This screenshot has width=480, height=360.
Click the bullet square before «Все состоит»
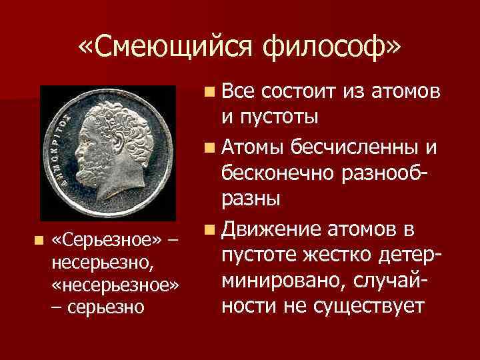210,91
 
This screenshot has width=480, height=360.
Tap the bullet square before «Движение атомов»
210,230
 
